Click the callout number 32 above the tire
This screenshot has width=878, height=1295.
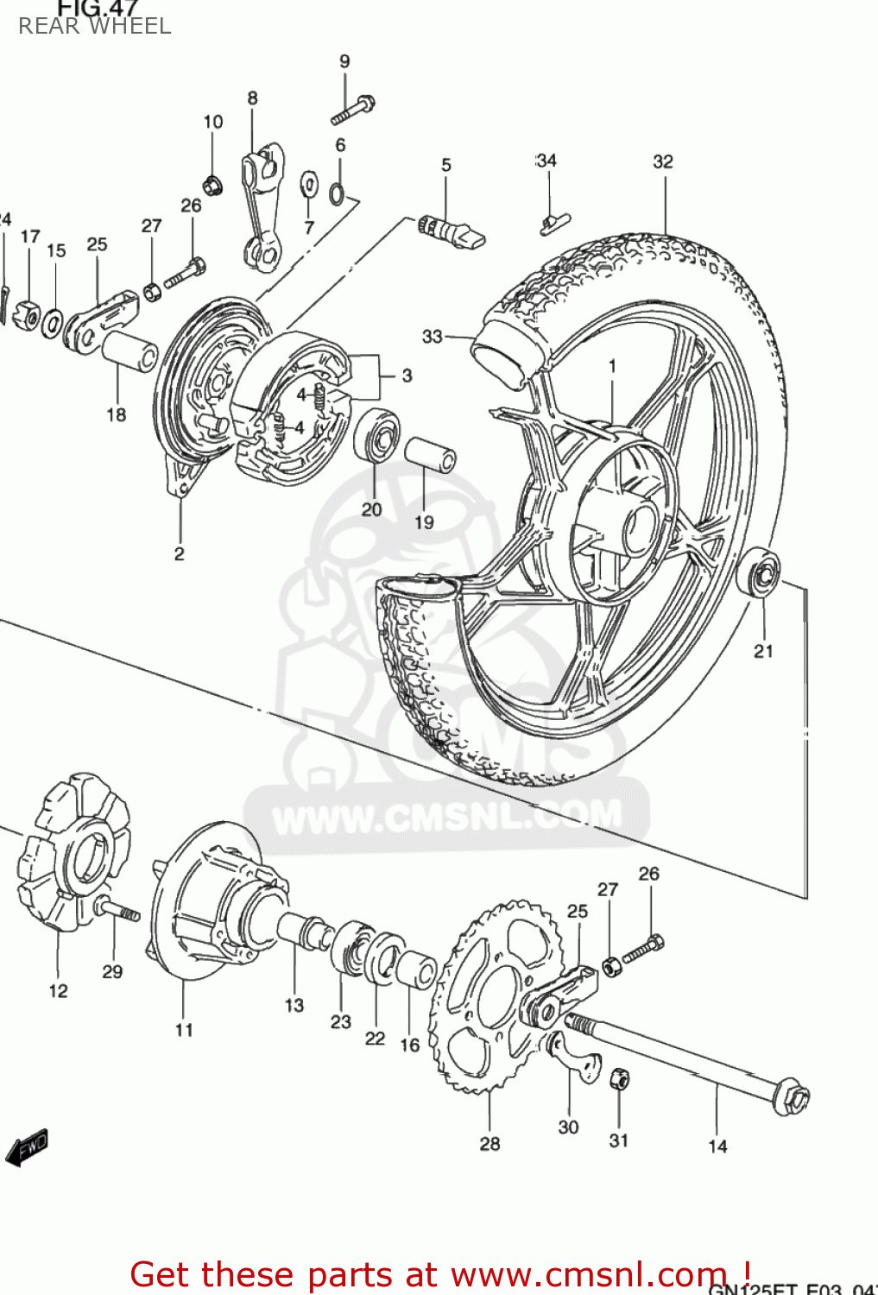coord(663,161)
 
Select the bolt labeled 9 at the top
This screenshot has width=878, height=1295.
coord(352,111)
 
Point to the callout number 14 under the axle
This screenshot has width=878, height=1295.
coord(717,1147)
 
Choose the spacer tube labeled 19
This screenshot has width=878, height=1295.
coord(430,454)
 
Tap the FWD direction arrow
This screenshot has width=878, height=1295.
coord(26,1147)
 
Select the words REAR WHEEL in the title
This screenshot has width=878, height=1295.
coord(95,27)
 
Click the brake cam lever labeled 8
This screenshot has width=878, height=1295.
coord(262,207)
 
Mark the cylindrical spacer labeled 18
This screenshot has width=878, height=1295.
coord(129,351)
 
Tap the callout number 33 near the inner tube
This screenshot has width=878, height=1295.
coord(432,337)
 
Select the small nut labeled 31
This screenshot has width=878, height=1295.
coord(619,1078)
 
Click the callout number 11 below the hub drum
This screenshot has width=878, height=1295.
coord(184,1030)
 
